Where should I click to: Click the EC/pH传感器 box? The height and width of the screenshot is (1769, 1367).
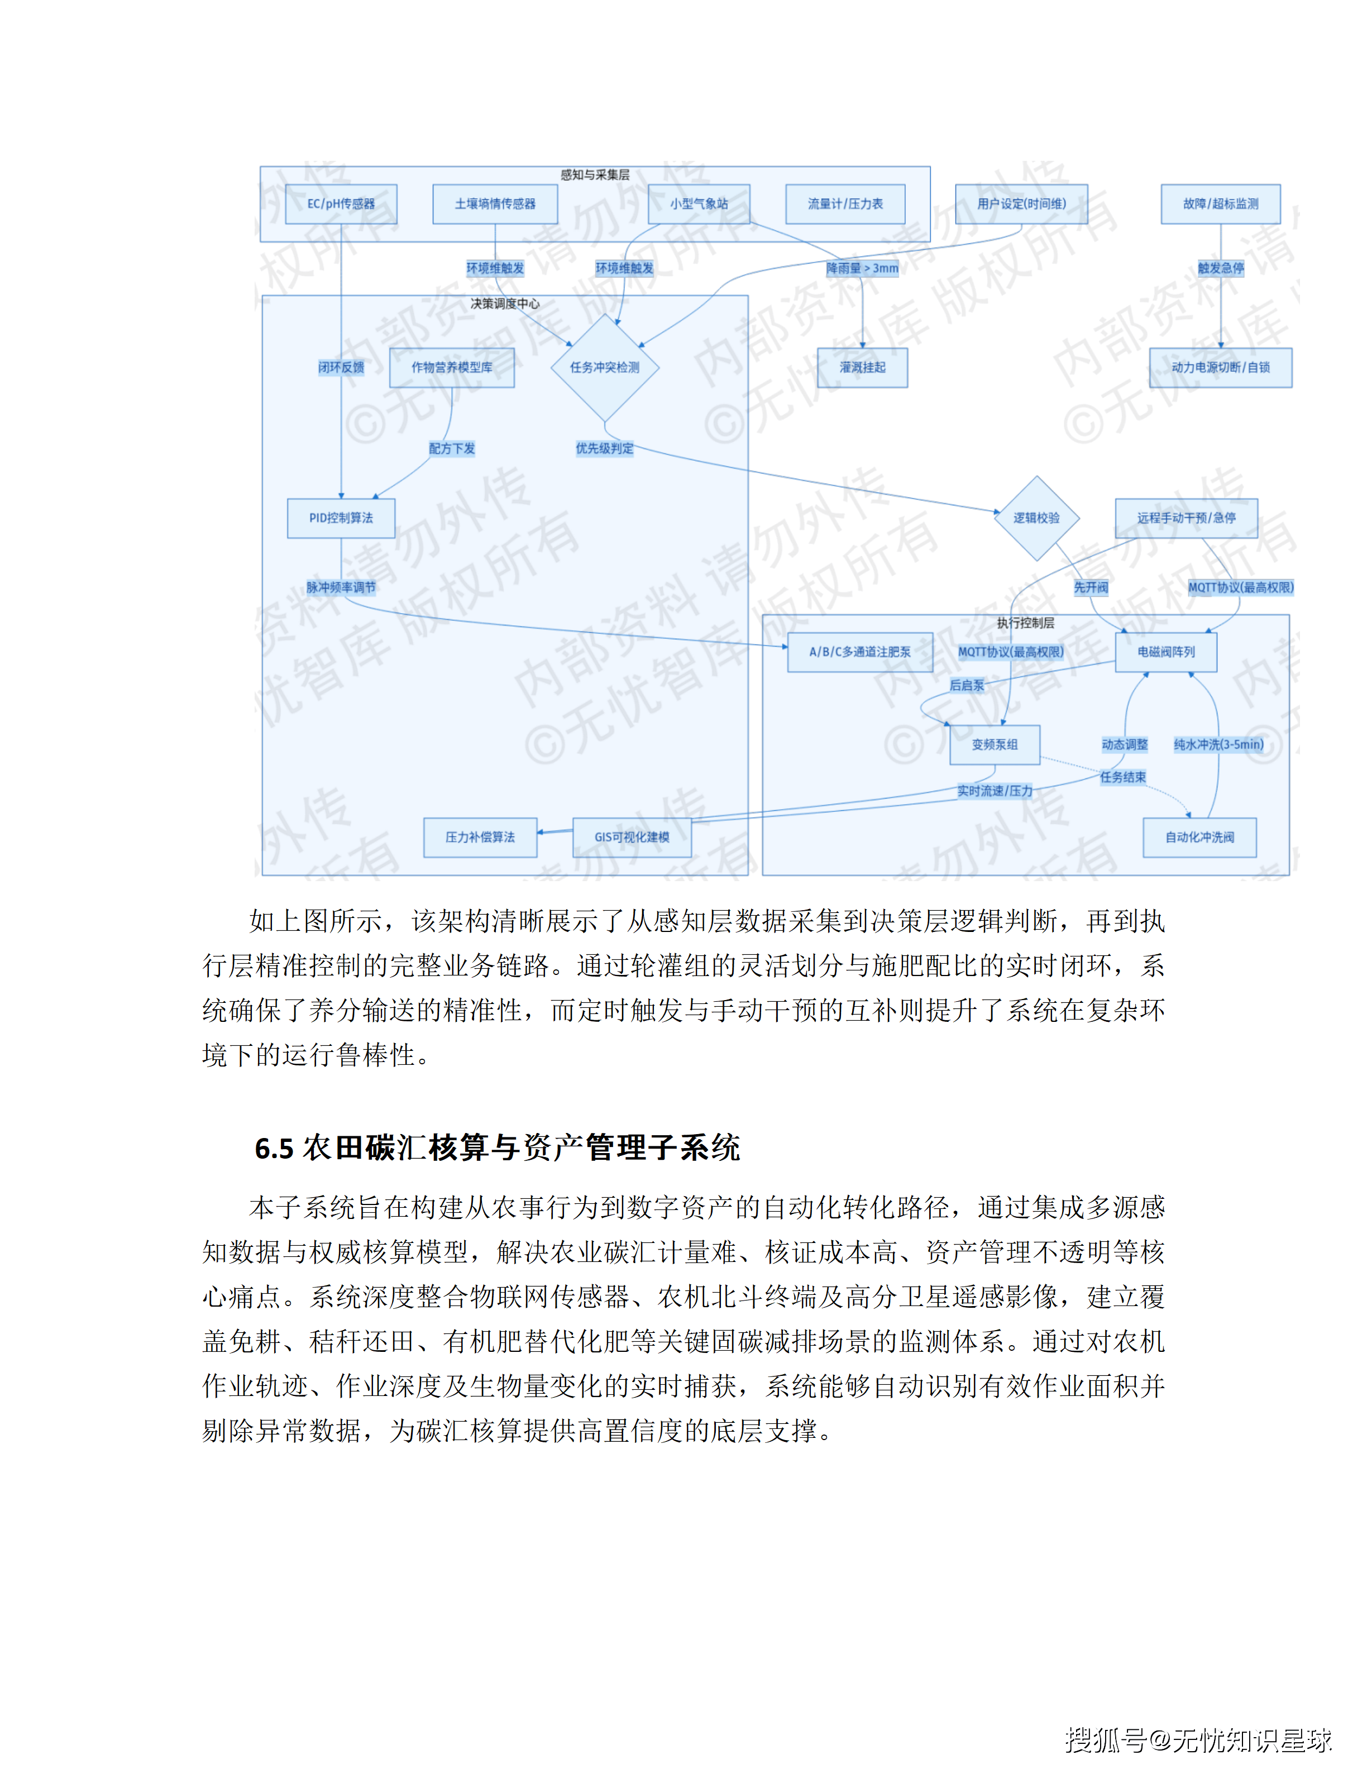point(341,204)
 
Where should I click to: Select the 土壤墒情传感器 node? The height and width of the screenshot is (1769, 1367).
point(495,204)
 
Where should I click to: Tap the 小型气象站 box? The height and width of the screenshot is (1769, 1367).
point(699,204)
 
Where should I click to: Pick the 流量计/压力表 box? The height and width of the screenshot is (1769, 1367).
point(845,204)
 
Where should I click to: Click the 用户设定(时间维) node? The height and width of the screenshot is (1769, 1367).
point(1021,204)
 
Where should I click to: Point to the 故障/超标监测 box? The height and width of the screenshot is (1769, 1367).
point(1221,204)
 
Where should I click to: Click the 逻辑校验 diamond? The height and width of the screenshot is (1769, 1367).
point(1036,518)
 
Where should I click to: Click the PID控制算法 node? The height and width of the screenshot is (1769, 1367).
point(341,518)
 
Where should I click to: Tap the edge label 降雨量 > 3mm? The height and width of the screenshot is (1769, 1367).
point(863,268)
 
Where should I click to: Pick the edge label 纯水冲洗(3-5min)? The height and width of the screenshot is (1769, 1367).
point(1219,744)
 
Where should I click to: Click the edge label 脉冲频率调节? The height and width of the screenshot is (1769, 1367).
point(341,587)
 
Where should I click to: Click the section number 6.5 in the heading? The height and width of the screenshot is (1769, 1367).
point(274,1149)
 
